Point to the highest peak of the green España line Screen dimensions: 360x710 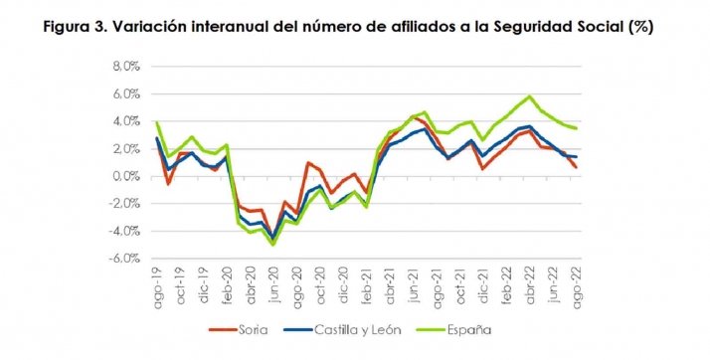click(x=530, y=96)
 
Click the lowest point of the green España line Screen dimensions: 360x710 click(x=272, y=244)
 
